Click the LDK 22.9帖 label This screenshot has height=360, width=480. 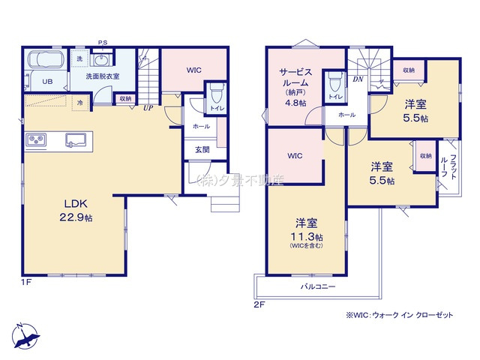coord(76,210)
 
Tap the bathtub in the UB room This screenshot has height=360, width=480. coord(46,58)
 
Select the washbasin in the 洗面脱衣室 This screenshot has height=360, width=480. coord(100,60)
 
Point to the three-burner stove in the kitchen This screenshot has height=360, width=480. coord(37,140)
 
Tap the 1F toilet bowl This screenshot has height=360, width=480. coord(217,93)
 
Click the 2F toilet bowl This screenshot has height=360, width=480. coord(335,82)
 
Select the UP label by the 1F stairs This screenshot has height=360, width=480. coord(148,108)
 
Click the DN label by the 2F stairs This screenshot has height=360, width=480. coord(358,79)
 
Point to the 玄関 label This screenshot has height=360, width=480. coord(202,150)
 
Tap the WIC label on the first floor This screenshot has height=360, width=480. coord(194,70)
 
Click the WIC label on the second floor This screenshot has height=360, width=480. coord(295,156)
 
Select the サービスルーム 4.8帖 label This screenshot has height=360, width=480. coord(295,87)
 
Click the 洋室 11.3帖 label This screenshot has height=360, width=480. coord(306,232)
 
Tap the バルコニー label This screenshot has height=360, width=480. coord(318,286)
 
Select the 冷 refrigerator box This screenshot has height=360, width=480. coord(80,103)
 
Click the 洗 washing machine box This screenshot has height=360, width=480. coord(79,58)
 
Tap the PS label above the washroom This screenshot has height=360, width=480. coord(103,43)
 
